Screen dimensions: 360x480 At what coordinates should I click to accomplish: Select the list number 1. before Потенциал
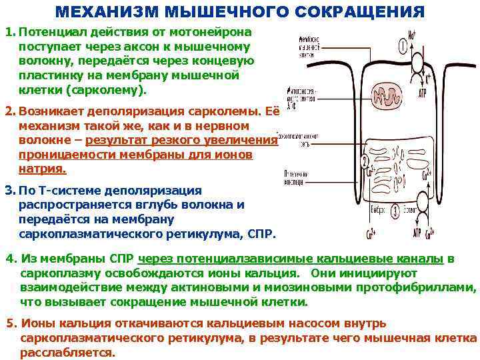[x=10, y=33]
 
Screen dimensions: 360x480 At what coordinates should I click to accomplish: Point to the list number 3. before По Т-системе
[x=10, y=191]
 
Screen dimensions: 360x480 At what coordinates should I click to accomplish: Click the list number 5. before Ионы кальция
[x=11, y=323]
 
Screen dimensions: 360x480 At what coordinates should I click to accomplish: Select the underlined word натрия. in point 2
[x=43, y=169]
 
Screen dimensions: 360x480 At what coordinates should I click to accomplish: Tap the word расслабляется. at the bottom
[x=67, y=353]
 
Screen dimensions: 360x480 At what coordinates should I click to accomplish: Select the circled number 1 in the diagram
[x=404, y=46]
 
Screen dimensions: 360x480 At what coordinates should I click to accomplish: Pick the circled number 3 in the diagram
[x=396, y=211]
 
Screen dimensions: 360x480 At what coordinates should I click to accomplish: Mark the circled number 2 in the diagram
[x=364, y=163]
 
